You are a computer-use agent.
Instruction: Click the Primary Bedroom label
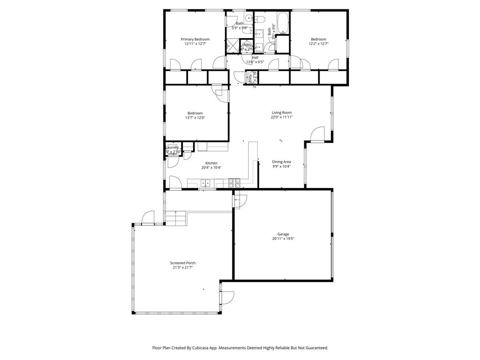[x=195, y=39]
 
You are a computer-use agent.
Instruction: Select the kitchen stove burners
[x=234, y=181]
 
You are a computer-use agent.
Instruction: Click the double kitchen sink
[x=205, y=183]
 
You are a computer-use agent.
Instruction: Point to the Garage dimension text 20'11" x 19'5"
[x=283, y=239]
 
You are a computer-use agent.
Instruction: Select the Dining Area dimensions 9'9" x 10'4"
[x=282, y=166]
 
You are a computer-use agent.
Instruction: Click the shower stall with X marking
[x=232, y=47]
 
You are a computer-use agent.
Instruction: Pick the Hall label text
[x=255, y=57]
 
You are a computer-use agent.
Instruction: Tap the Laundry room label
[x=172, y=148]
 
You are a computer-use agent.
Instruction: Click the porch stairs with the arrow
[x=176, y=218]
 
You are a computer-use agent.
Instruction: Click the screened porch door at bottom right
[x=227, y=297]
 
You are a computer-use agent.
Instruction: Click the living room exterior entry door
[x=317, y=135]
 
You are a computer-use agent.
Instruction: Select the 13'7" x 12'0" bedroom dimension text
[x=195, y=118]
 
